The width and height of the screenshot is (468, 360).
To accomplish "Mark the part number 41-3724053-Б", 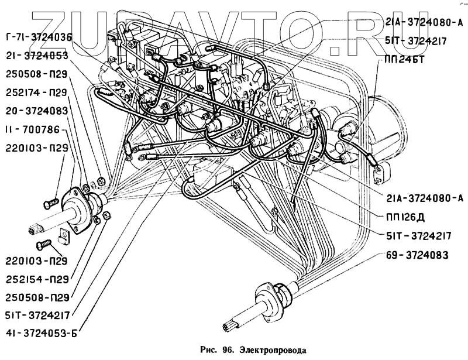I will pos(39,334).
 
